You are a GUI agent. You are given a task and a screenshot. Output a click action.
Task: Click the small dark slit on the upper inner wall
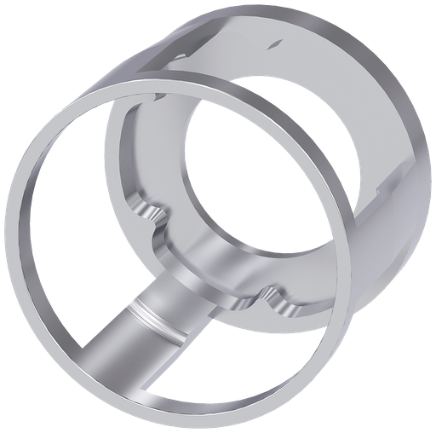click(x=274, y=42)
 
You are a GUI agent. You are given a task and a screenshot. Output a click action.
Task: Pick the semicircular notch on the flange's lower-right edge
click(x=277, y=297)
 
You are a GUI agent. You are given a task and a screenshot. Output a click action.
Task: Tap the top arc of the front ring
click(x=170, y=81)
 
